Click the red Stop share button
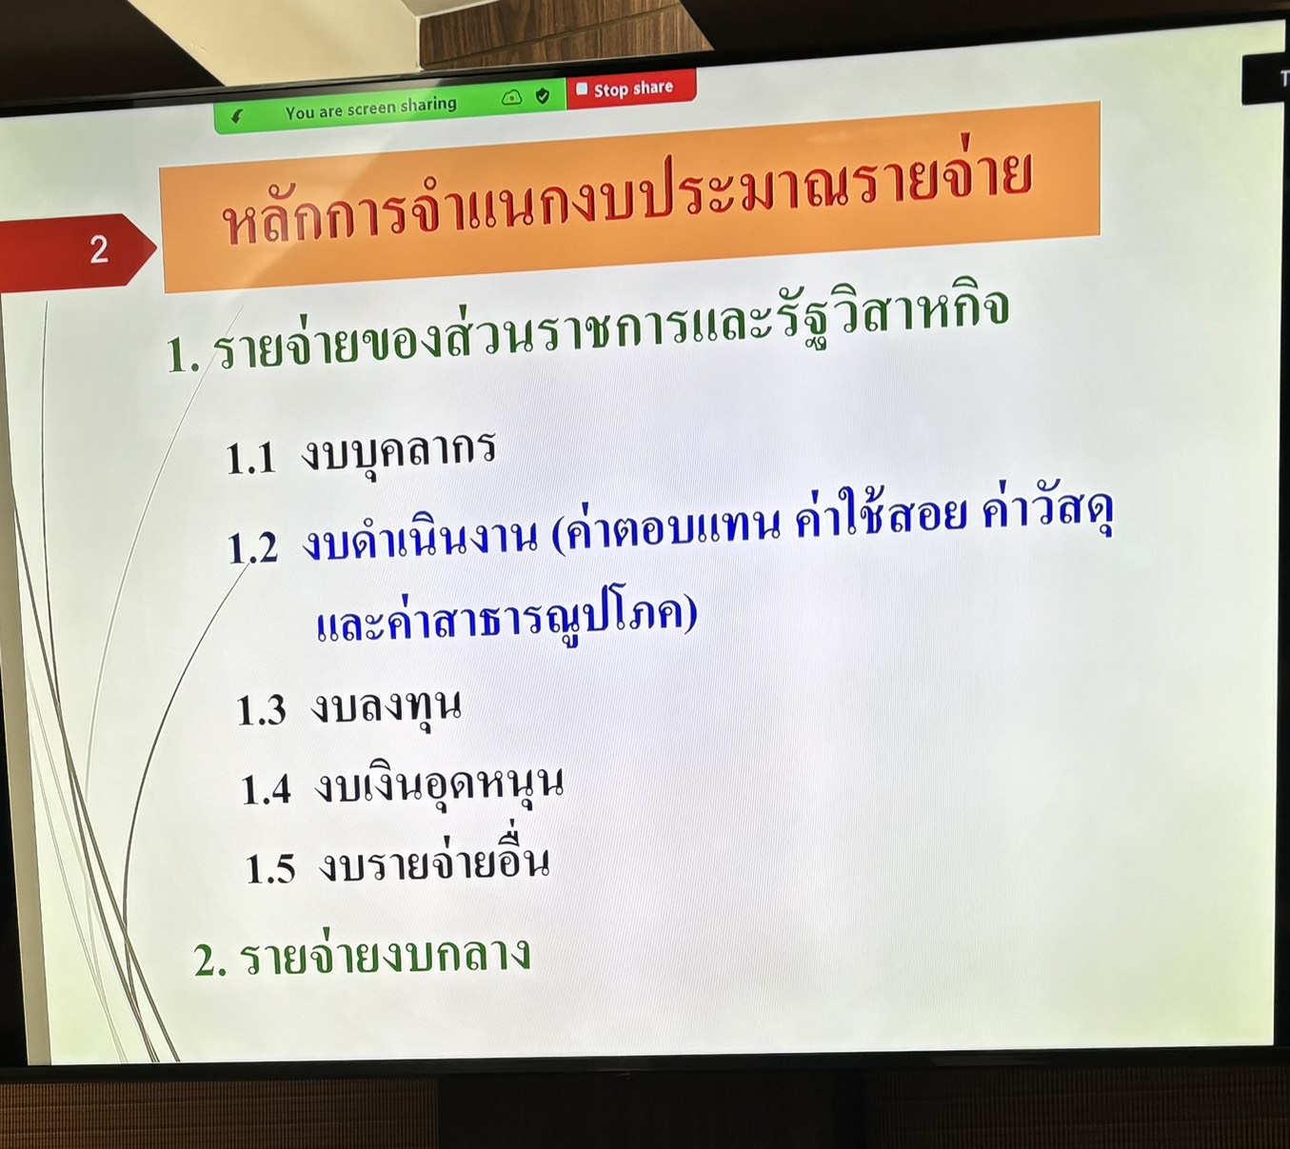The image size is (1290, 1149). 631,89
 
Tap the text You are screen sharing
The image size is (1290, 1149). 370,109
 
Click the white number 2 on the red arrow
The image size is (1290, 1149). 99,249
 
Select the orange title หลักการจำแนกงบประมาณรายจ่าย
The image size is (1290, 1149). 627,196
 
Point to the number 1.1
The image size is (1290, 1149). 251,458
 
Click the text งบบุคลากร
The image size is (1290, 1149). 398,452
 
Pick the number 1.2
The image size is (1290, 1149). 253,548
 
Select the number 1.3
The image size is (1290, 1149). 261,710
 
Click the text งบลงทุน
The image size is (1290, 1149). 386,708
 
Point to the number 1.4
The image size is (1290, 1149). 266,790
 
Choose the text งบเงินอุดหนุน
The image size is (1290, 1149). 439,785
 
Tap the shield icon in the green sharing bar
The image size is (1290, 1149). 543,96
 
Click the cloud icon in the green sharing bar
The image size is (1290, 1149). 512,98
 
